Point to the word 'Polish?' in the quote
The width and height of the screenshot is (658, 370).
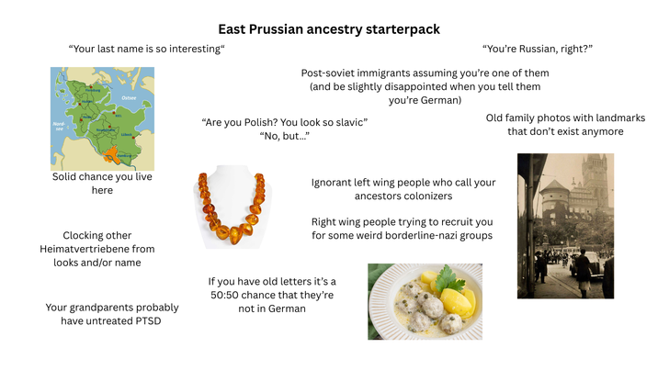point(261,122)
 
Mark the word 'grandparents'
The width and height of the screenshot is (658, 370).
point(106,308)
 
